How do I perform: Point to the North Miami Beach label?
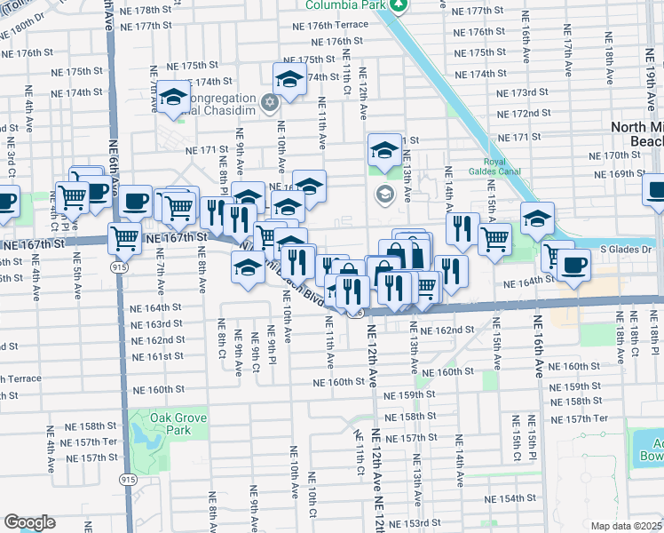pyautogui.click(x=636, y=134)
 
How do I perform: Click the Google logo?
pyautogui.click(x=29, y=521)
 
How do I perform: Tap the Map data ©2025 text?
pyautogui.click(x=626, y=526)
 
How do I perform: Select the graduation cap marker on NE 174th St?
pyautogui.click(x=289, y=81)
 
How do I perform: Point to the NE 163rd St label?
pyautogui.click(x=156, y=324)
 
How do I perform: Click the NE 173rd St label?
pyautogui.click(x=524, y=93)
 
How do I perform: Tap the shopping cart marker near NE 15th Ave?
pyautogui.click(x=494, y=237)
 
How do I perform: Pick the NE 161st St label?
pyautogui.click(x=156, y=356)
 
